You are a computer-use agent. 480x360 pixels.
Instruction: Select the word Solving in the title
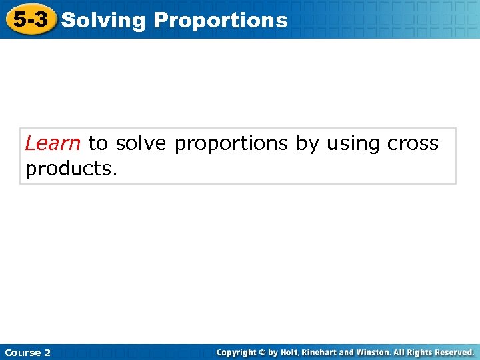(103, 21)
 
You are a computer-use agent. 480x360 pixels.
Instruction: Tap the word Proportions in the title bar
(221, 21)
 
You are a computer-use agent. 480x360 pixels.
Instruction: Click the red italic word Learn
(53, 143)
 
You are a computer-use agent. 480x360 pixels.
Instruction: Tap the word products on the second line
(70, 169)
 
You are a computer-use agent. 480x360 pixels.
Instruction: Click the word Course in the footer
(22, 352)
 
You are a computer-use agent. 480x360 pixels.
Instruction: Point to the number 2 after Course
(47, 352)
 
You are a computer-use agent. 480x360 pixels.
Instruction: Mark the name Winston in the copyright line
(373, 352)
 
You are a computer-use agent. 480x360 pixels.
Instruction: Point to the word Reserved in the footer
(457, 352)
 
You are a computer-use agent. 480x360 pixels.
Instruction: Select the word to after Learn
(97, 143)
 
